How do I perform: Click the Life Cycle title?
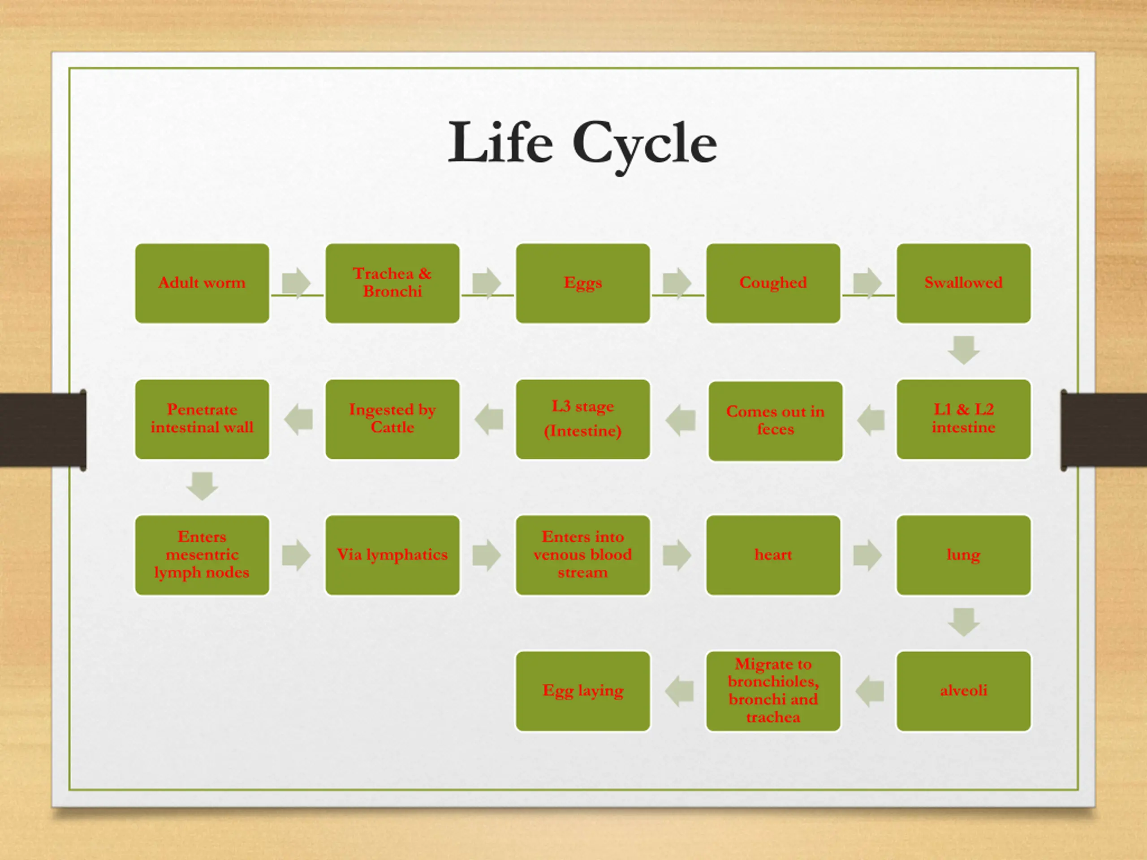[x=582, y=143]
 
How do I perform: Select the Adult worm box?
[x=202, y=284]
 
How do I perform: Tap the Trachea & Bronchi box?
[x=392, y=284]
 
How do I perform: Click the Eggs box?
[x=583, y=284]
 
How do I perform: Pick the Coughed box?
[x=773, y=284]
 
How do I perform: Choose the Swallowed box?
[x=963, y=284]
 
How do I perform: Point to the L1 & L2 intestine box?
[x=963, y=419]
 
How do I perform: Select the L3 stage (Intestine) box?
[x=583, y=419]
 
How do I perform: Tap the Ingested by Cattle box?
[x=392, y=419]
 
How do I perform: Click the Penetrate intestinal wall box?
[x=202, y=419]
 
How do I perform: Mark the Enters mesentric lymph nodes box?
[x=202, y=555]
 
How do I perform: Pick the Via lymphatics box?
[x=392, y=555]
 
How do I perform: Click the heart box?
[x=773, y=555]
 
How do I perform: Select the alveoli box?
[x=963, y=691]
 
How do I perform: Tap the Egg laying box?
[x=583, y=691]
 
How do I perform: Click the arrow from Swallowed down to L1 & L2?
[x=963, y=350]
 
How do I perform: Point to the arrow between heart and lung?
[x=867, y=555]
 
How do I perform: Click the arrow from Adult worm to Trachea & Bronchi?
[x=296, y=283]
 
